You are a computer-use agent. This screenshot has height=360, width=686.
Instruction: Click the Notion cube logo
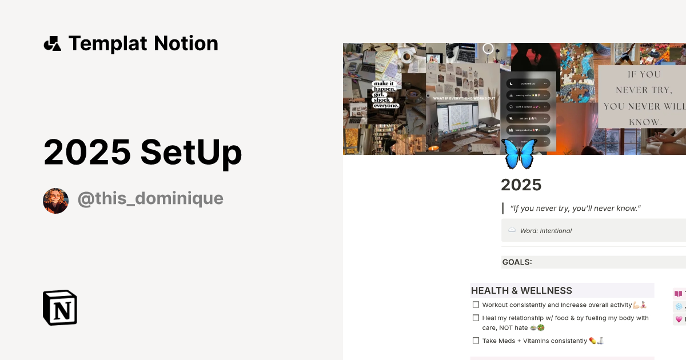60,307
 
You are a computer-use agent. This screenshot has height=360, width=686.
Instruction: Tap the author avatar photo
55,201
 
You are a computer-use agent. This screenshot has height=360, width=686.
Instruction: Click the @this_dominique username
150,199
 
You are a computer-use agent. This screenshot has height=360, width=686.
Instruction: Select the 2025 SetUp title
143,153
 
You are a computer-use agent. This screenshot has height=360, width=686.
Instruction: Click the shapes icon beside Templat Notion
52,43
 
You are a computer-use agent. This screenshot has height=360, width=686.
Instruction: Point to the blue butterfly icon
519,153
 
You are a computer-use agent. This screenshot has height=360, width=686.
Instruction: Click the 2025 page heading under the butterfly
521,185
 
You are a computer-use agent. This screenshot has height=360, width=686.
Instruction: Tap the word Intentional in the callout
556,231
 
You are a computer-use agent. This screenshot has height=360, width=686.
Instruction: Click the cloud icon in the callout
512,230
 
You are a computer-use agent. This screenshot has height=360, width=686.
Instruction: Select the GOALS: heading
517,262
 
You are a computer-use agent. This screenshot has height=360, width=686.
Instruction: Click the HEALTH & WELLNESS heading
521,291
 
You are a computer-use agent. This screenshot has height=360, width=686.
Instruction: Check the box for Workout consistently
476,305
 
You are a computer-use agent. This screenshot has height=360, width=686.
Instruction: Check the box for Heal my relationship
476,318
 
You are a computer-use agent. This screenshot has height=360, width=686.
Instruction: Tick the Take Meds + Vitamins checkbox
476,341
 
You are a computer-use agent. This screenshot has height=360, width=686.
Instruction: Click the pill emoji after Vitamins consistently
593,341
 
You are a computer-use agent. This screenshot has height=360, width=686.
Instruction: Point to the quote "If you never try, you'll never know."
575,209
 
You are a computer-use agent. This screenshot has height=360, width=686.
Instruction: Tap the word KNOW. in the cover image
645,122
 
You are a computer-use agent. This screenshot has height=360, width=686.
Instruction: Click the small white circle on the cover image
488,49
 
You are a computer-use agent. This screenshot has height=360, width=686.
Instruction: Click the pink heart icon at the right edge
679,319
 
